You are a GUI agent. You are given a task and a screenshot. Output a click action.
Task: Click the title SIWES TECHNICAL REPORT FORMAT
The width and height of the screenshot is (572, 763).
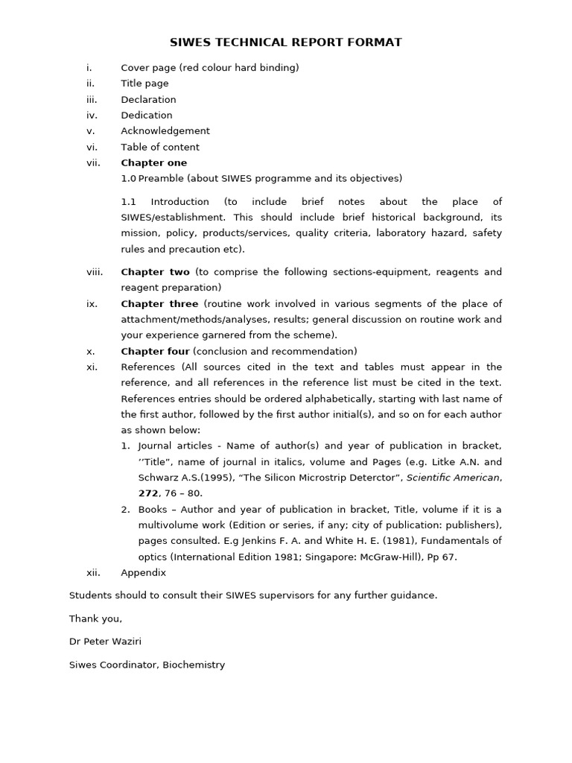pyautogui.click(x=286, y=42)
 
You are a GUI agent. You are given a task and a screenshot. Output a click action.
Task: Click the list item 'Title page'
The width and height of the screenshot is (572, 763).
pyautogui.click(x=144, y=83)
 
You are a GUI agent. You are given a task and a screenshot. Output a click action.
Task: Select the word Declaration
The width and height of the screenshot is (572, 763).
pyautogui.click(x=148, y=100)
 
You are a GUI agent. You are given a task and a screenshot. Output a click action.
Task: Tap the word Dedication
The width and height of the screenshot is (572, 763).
pyautogui.click(x=147, y=115)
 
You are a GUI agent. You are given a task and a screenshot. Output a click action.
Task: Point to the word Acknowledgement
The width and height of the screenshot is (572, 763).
pyautogui.click(x=165, y=131)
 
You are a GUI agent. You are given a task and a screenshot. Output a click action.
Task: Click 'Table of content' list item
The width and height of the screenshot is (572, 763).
pyautogui.click(x=160, y=148)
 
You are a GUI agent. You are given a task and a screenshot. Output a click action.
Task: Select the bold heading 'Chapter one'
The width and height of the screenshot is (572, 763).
pyautogui.click(x=154, y=163)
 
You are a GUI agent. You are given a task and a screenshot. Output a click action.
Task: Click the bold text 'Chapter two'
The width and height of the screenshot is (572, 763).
pyautogui.click(x=155, y=272)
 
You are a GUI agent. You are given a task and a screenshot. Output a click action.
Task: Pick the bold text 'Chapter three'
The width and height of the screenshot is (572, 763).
pyautogui.click(x=159, y=304)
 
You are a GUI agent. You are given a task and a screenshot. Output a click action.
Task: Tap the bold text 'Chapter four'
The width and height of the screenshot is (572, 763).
pyautogui.click(x=155, y=352)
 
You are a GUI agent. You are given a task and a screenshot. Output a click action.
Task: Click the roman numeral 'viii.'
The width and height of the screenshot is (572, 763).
pyautogui.click(x=95, y=272)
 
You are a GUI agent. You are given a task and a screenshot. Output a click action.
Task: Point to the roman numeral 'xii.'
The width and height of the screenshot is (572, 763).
pyautogui.click(x=93, y=573)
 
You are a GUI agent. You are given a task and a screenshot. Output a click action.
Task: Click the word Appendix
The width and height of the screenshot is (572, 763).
pyautogui.click(x=144, y=573)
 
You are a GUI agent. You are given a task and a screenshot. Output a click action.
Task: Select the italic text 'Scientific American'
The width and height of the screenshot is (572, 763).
pyautogui.click(x=453, y=478)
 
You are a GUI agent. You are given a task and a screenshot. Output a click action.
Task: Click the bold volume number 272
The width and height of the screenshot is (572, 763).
pyautogui.click(x=148, y=493)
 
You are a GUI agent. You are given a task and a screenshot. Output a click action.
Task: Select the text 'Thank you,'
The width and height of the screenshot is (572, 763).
pyautogui.click(x=95, y=618)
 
